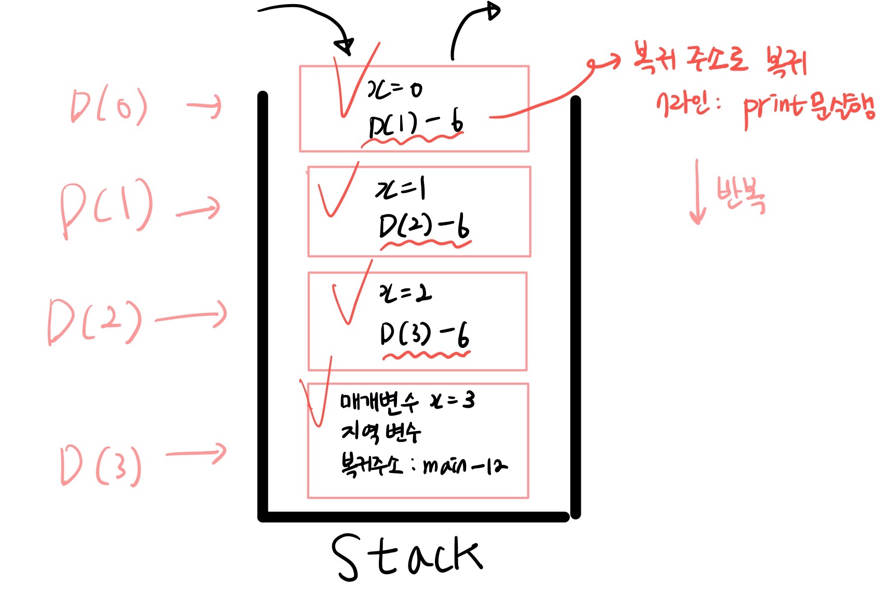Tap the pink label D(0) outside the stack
[109, 106]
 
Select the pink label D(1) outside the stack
[107, 207]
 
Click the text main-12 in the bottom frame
[465, 466]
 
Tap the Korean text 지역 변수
[380, 432]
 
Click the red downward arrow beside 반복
[697, 192]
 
